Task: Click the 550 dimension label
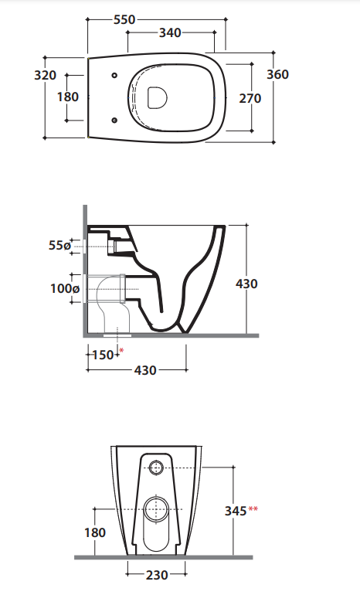[124, 19]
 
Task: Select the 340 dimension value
[169, 33]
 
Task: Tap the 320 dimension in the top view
[45, 75]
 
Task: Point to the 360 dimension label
[277, 74]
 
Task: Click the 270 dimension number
[250, 98]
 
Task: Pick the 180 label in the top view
[68, 97]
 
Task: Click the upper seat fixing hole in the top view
[114, 76]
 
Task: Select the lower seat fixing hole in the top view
[114, 121]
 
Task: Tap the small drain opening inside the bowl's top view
[157, 98]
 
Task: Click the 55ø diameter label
[59, 246]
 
